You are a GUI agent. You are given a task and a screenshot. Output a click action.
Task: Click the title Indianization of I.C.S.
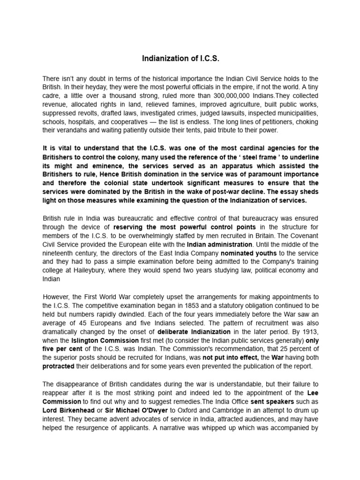tap(180, 59)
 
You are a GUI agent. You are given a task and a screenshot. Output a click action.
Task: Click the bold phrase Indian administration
tap(219, 244)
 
